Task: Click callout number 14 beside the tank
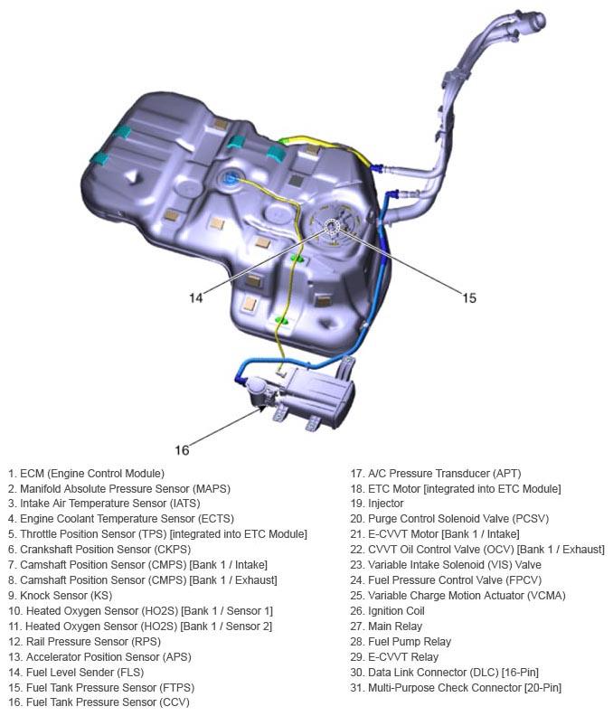196,296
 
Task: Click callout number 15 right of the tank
468,297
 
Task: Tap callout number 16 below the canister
182,449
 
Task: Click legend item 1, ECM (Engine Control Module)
86,474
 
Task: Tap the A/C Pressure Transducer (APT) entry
435,474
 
